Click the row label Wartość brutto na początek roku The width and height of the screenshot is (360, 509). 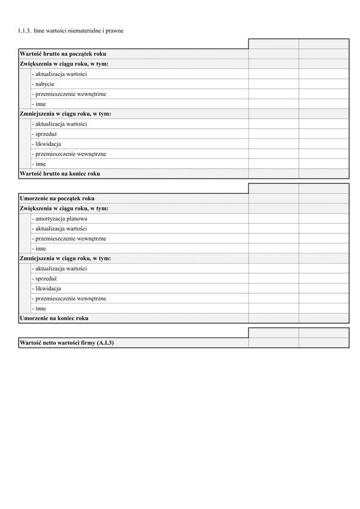coord(62,54)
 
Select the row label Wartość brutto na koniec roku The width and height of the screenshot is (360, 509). coord(59,174)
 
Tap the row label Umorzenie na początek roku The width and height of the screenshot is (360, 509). coord(56,198)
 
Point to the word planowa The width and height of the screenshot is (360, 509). coord(78,219)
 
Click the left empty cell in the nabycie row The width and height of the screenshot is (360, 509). coord(274,84)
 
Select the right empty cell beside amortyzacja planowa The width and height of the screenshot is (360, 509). coord(324,219)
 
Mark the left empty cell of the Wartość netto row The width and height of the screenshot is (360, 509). coord(274,343)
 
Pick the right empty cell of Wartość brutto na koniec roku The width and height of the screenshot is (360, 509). coord(324,174)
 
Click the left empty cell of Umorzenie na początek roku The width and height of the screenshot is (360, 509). coord(274,198)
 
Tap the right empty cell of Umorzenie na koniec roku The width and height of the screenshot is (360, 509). coord(324,318)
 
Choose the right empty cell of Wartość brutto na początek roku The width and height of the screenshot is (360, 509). coord(324,54)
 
